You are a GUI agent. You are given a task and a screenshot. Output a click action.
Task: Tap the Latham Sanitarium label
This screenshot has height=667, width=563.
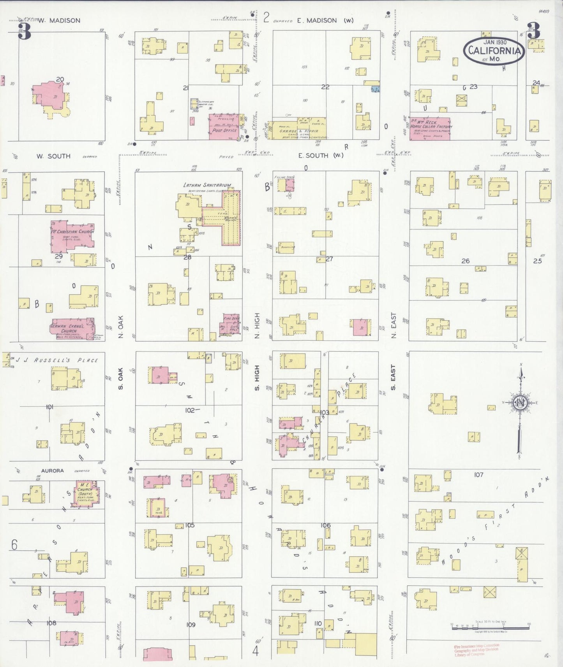[207, 185]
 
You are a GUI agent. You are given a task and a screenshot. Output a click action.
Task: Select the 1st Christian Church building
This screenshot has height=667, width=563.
[72, 235]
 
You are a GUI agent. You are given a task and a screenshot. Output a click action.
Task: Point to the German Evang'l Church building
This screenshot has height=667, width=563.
[72, 329]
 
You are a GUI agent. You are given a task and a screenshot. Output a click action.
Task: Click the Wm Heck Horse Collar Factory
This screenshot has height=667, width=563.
[430, 128]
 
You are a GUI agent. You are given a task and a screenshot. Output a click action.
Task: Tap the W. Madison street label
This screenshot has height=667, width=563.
[59, 21]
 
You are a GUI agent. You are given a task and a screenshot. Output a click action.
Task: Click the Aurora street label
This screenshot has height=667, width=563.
[52, 470]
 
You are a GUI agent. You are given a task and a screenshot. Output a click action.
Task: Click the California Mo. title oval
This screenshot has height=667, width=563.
[494, 51]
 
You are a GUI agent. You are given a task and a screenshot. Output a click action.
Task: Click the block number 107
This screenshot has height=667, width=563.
[478, 475]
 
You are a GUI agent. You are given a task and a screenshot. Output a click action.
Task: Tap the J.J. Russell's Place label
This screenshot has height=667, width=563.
[55, 360]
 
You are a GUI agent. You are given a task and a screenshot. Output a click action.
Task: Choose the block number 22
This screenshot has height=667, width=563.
[325, 87]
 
